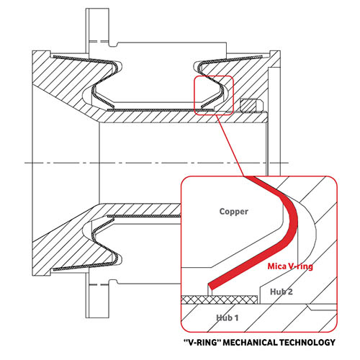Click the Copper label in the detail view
[x=233, y=212]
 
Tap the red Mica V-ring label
[x=290, y=266]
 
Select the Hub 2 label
[x=282, y=292]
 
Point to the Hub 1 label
[x=228, y=318]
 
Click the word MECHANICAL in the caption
[x=251, y=342]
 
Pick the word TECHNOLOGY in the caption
[x=307, y=342]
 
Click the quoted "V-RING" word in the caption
[x=202, y=342]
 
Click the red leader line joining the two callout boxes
[x=230, y=145]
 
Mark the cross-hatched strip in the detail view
[x=219, y=300]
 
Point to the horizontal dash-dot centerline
[x=156, y=163]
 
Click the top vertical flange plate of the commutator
[x=97, y=31]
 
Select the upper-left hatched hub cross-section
[x=72, y=79]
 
